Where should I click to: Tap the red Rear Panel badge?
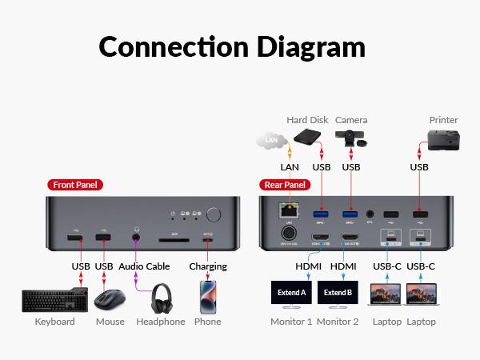(285, 185)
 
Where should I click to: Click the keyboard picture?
(54, 300)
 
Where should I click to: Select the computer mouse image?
(110, 300)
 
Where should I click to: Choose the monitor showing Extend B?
(338, 293)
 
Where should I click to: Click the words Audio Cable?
(145, 266)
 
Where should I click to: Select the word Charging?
(208, 266)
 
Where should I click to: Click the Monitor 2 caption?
(338, 322)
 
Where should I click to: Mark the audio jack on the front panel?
(136, 237)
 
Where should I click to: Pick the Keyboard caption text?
(54, 322)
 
